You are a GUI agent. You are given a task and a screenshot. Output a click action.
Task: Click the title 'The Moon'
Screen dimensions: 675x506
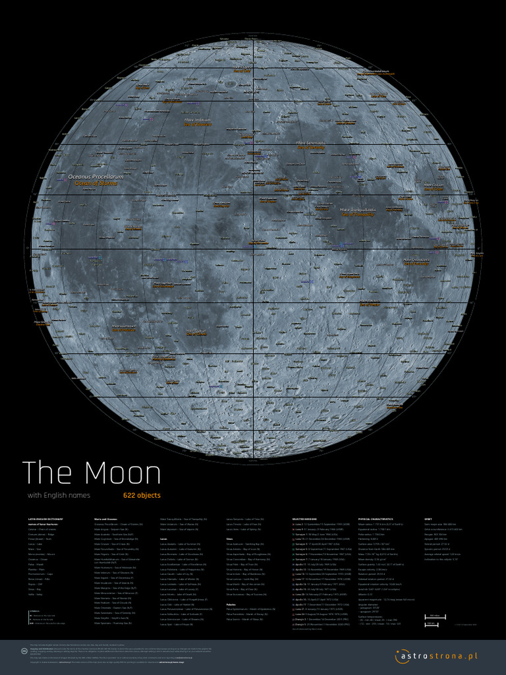(92, 473)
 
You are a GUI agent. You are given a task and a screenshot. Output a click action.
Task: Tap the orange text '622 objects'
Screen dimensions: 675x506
(142, 495)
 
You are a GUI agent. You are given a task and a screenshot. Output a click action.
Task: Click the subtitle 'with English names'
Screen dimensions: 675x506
(59, 495)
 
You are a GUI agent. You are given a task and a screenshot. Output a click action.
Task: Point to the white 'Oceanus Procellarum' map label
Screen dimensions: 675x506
(96, 177)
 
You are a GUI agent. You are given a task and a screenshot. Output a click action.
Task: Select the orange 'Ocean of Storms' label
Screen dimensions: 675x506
(96, 184)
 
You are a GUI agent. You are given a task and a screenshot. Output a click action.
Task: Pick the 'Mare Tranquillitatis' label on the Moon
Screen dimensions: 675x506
(358, 210)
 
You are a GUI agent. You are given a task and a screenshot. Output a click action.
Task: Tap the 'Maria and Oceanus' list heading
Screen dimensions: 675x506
(106, 519)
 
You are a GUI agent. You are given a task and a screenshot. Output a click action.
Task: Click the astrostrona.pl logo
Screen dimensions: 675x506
(436, 656)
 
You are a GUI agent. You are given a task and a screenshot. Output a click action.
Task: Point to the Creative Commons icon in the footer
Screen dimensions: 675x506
(24, 651)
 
